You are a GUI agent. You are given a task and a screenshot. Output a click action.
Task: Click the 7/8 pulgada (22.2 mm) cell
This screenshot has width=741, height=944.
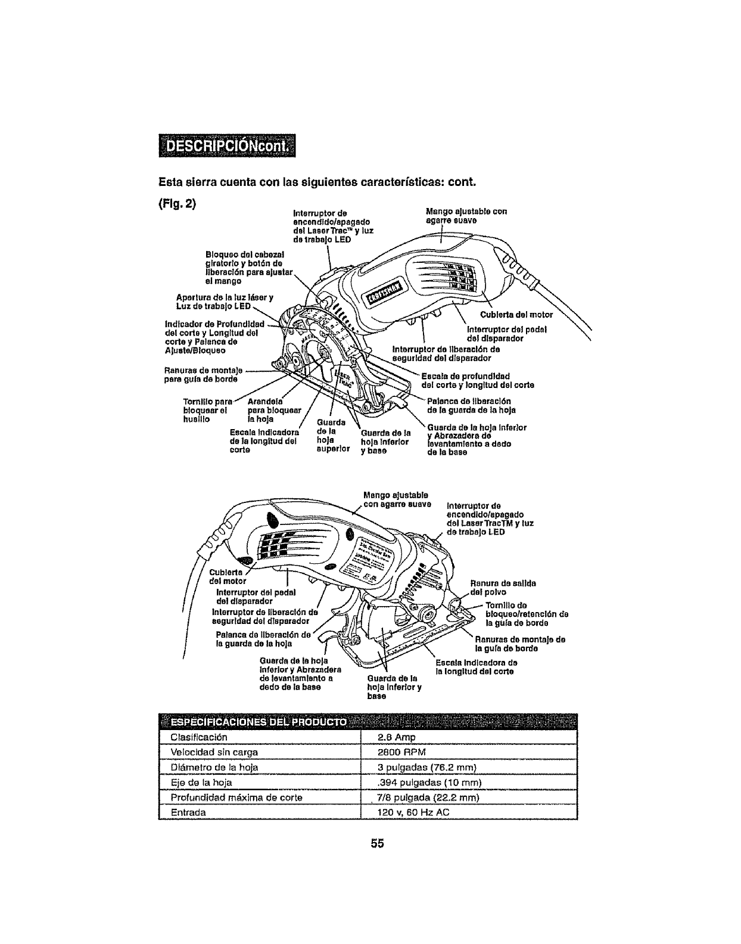coord(428,797)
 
